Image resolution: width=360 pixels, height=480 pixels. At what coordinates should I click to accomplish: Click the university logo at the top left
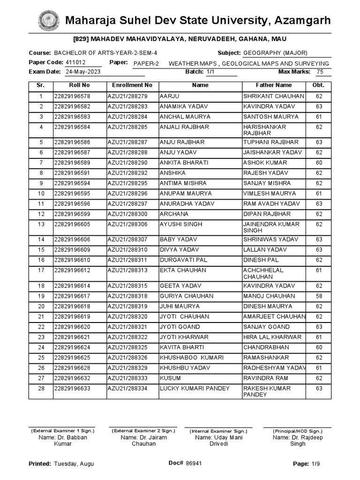[x=48, y=21]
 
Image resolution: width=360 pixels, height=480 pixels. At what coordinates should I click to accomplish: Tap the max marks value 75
[x=320, y=72]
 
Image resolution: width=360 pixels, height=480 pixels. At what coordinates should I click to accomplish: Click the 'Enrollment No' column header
[x=132, y=85]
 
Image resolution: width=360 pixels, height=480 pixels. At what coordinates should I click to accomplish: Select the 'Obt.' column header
[x=319, y=85]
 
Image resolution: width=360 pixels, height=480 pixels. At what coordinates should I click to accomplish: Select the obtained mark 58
[x=319, y=296]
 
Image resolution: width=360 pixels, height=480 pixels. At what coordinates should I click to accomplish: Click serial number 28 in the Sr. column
[x=41, y=389]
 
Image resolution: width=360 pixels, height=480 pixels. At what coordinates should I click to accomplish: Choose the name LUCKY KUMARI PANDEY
[x=195, y=389]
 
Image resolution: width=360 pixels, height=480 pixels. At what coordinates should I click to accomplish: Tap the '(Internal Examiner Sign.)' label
[x=218, y=431]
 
